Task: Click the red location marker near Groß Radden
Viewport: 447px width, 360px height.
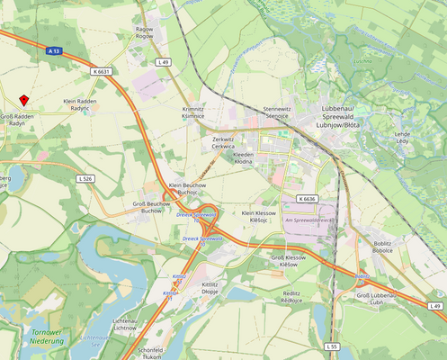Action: [x=24, y=101]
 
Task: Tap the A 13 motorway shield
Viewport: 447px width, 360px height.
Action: [x=55, y=52]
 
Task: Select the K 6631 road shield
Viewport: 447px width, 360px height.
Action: [x=101, y=71]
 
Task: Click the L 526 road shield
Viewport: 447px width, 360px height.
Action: [x=85, y=178]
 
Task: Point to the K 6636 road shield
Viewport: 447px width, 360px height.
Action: [x=306, y=198]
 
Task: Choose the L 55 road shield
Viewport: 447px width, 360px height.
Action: [x=332, y=346]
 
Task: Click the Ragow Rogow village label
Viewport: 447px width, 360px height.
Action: [x=144, y=32]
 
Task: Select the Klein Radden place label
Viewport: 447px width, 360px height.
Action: [x=80, y=105]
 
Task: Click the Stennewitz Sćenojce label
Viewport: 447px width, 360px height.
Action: [x=276, y=112]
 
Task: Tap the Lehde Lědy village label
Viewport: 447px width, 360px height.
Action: [x=402, y=137]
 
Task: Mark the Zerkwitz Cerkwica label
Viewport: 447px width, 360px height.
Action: [x=222, y=142]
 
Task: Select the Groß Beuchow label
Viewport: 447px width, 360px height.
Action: [x=151, y=206]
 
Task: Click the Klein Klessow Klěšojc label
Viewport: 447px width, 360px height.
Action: [x=260, y=216]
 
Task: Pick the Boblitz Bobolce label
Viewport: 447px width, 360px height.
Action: [x=382, y=247]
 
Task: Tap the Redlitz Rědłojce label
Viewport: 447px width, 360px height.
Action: [x=291, y=297]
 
